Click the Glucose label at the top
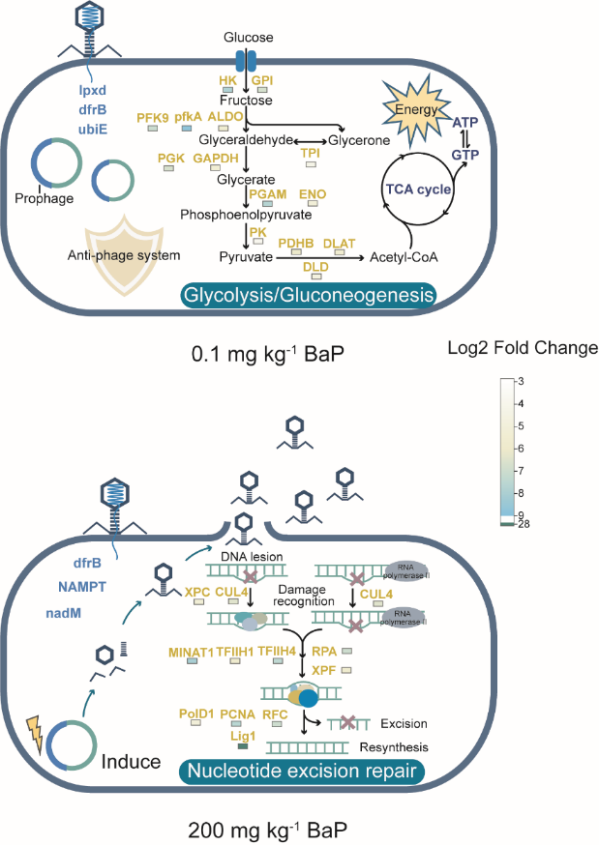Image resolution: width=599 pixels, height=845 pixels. tap(248, 37)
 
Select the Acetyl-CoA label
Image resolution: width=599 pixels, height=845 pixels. tap(401, 258)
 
